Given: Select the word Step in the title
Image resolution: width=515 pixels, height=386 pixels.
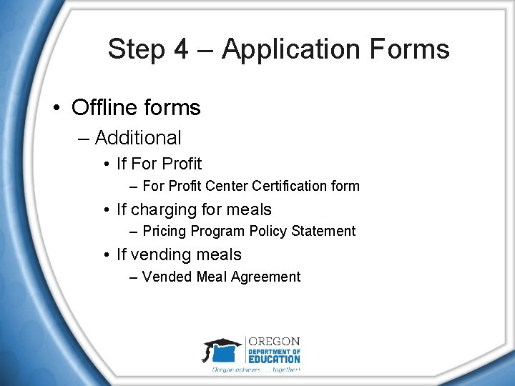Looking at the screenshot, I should (136, 49).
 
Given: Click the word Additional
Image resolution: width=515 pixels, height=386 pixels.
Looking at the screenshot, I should (138, 137).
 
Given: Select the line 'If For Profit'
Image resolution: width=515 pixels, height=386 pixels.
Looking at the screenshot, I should (159, 164).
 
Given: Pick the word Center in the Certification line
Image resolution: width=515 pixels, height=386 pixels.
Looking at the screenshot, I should (227, 187).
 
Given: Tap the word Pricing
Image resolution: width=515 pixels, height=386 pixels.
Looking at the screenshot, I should (164, 232).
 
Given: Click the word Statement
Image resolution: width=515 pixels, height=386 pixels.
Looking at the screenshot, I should (326, 232).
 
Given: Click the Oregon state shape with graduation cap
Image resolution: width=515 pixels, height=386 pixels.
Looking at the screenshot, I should (222, 352).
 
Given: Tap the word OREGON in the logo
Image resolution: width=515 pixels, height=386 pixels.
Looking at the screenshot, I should (273, 342).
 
